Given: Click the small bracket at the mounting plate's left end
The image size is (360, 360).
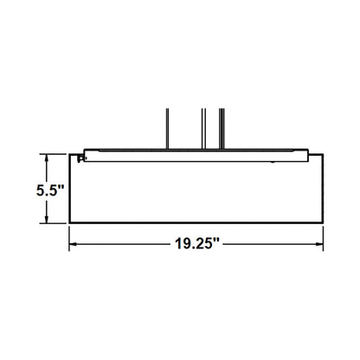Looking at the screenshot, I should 80,157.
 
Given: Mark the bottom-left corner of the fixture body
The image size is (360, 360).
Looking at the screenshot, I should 71,227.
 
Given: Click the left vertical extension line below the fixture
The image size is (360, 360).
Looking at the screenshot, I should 71,238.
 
